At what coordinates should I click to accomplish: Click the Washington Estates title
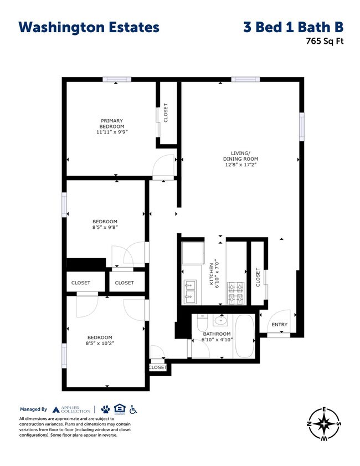click(x=89, y=27)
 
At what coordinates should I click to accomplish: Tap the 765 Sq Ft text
click(x=321, y=40)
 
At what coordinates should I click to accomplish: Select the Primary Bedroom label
click(x=111, y=123)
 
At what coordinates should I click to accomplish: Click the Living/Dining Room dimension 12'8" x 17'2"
click(x=240, y=165)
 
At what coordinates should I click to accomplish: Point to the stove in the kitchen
click(x=235, y=294)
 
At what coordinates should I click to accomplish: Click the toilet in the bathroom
click(x=202, y=322)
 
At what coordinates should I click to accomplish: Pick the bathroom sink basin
click(x=222, y=320)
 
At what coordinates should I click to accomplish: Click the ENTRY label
click(x=279, y=325)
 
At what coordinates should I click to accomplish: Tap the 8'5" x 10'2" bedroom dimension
click(x=100, y=343)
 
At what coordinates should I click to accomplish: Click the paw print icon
click(x=105, y=409)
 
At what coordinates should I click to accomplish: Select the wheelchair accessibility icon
click(x=133, y=409)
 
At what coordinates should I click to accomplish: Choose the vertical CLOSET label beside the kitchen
click(x=258, y=277)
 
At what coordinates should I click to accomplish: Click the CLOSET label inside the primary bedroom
click(x=166, y=113)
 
